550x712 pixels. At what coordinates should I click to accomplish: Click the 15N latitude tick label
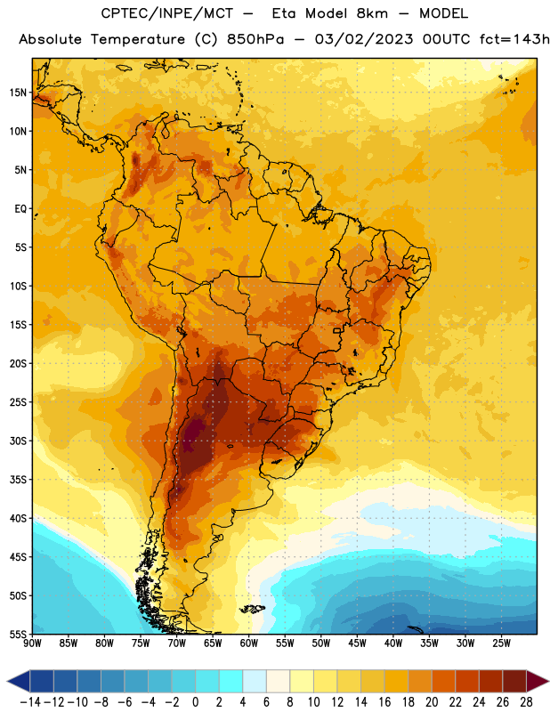tap(18, 93)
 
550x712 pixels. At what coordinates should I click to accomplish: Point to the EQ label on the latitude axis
tap(20, 209)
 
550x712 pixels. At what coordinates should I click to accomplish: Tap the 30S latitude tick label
tap(18, 441)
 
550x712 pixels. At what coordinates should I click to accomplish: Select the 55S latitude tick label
tap(18, 634)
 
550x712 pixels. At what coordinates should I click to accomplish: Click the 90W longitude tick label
tap(32, 643)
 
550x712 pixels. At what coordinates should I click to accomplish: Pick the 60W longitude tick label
tap(249, 643)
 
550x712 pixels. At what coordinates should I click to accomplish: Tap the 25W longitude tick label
tap(501, 643)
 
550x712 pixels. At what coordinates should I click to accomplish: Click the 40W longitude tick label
tap(393, 643)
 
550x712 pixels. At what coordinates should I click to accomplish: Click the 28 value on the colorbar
tap(526, 702)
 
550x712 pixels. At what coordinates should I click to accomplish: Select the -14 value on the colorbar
tap(30, 702)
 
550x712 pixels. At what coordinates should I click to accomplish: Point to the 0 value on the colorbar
tap(195, 702)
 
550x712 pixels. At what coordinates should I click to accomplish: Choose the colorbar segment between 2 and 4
tap(231, 681)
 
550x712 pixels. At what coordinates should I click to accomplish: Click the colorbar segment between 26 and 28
tap(514, 681)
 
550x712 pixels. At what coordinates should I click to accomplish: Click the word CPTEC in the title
tap(118, 13)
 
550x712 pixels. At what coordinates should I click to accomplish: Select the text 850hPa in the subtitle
tap(255, 39)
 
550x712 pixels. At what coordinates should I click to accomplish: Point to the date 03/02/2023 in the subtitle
tap(364, 39)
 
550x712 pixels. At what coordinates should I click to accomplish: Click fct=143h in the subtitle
tap(514, 39)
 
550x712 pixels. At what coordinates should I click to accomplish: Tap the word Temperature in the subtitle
tap(138, 39)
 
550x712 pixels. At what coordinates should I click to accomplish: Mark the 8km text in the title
tap(372, 13)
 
